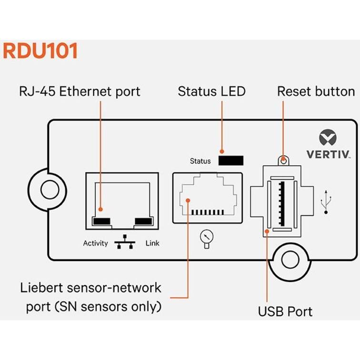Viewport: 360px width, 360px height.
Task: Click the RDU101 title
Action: pyautogui.click(x=40, y=51)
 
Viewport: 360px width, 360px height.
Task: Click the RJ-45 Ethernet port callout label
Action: pyautogui.click(x=79, y=91)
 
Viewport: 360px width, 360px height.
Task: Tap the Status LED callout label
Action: pyautogui.click(x=211, y=91)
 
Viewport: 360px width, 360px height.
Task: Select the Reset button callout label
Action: pyautogui.click(x=316, y=91)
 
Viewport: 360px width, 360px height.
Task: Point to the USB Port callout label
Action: pyautogui.click(x=285, y=311)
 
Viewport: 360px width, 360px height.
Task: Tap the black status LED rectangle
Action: pyautogui.click(x=231, y=160)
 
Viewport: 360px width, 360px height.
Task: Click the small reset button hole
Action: pyautogui.click(x=284, y=160)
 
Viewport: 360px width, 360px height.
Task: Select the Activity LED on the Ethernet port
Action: pyautogui.click(x=102, y=221)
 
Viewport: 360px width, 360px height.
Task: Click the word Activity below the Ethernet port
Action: pyautogui.click(x=95, y=243)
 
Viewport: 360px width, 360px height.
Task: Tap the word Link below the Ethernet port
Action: pyautogui.click(x=152, y=243)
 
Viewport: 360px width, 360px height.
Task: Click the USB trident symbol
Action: pyautogui.click(x=326, y=201)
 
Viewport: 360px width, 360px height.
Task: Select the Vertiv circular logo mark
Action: pyautogui.click(x=328, y=139)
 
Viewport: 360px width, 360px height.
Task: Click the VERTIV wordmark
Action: pyautogui.click(x=328, y=154)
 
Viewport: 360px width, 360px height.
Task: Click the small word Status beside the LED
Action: pyautogui.click(x=200, y=161)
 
